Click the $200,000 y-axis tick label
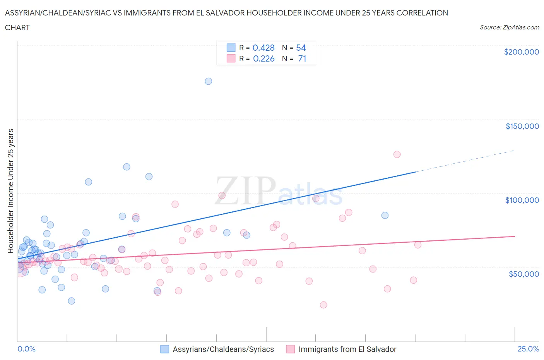521,52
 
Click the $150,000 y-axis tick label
522,126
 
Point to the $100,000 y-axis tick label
522,200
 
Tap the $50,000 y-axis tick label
523,274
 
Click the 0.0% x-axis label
26,349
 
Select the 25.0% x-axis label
528,349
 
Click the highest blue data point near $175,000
208,81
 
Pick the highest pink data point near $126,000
397,154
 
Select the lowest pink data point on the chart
323,305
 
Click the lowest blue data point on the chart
72,301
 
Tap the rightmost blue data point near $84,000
385,216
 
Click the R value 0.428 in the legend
263,48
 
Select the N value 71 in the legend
302,58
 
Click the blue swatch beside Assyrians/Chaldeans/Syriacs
165,349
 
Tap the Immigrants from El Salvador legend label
347,349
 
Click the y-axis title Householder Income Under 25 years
11,191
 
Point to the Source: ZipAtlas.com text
509,27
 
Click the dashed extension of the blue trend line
464,161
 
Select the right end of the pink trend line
514,236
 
